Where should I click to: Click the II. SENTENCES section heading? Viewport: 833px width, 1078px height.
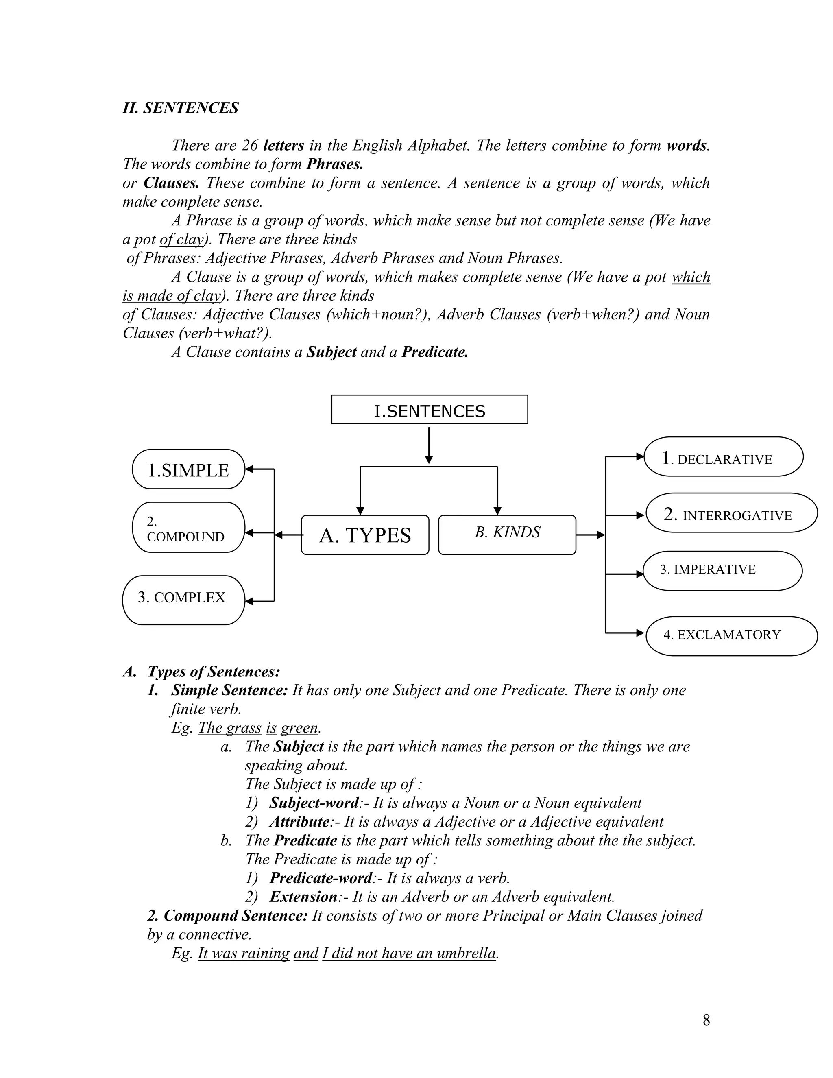coord(181,108)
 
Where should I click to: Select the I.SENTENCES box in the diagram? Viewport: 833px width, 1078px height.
coord(430,410)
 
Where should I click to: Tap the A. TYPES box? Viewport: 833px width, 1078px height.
coord(365,535)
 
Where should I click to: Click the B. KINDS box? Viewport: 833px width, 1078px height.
coord(507,535)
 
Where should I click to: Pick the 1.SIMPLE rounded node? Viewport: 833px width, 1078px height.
coord(188,469)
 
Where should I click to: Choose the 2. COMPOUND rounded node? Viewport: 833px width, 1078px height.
coord(188,528)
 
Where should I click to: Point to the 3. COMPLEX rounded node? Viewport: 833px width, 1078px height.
coord(183,600)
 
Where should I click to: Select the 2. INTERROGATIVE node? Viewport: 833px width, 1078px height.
coord(731,513)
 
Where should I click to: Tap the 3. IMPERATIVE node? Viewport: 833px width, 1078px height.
coord(722,571)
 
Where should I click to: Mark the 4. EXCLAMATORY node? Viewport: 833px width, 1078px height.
coord(731,636)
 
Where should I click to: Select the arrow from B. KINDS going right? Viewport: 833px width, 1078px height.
coord(590,535)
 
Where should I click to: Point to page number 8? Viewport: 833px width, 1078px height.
coord(706,1020)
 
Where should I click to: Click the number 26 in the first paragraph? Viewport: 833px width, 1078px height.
coord(250,145)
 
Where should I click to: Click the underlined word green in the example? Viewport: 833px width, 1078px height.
coord(299,728)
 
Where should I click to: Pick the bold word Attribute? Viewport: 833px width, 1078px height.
coord(299,821)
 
